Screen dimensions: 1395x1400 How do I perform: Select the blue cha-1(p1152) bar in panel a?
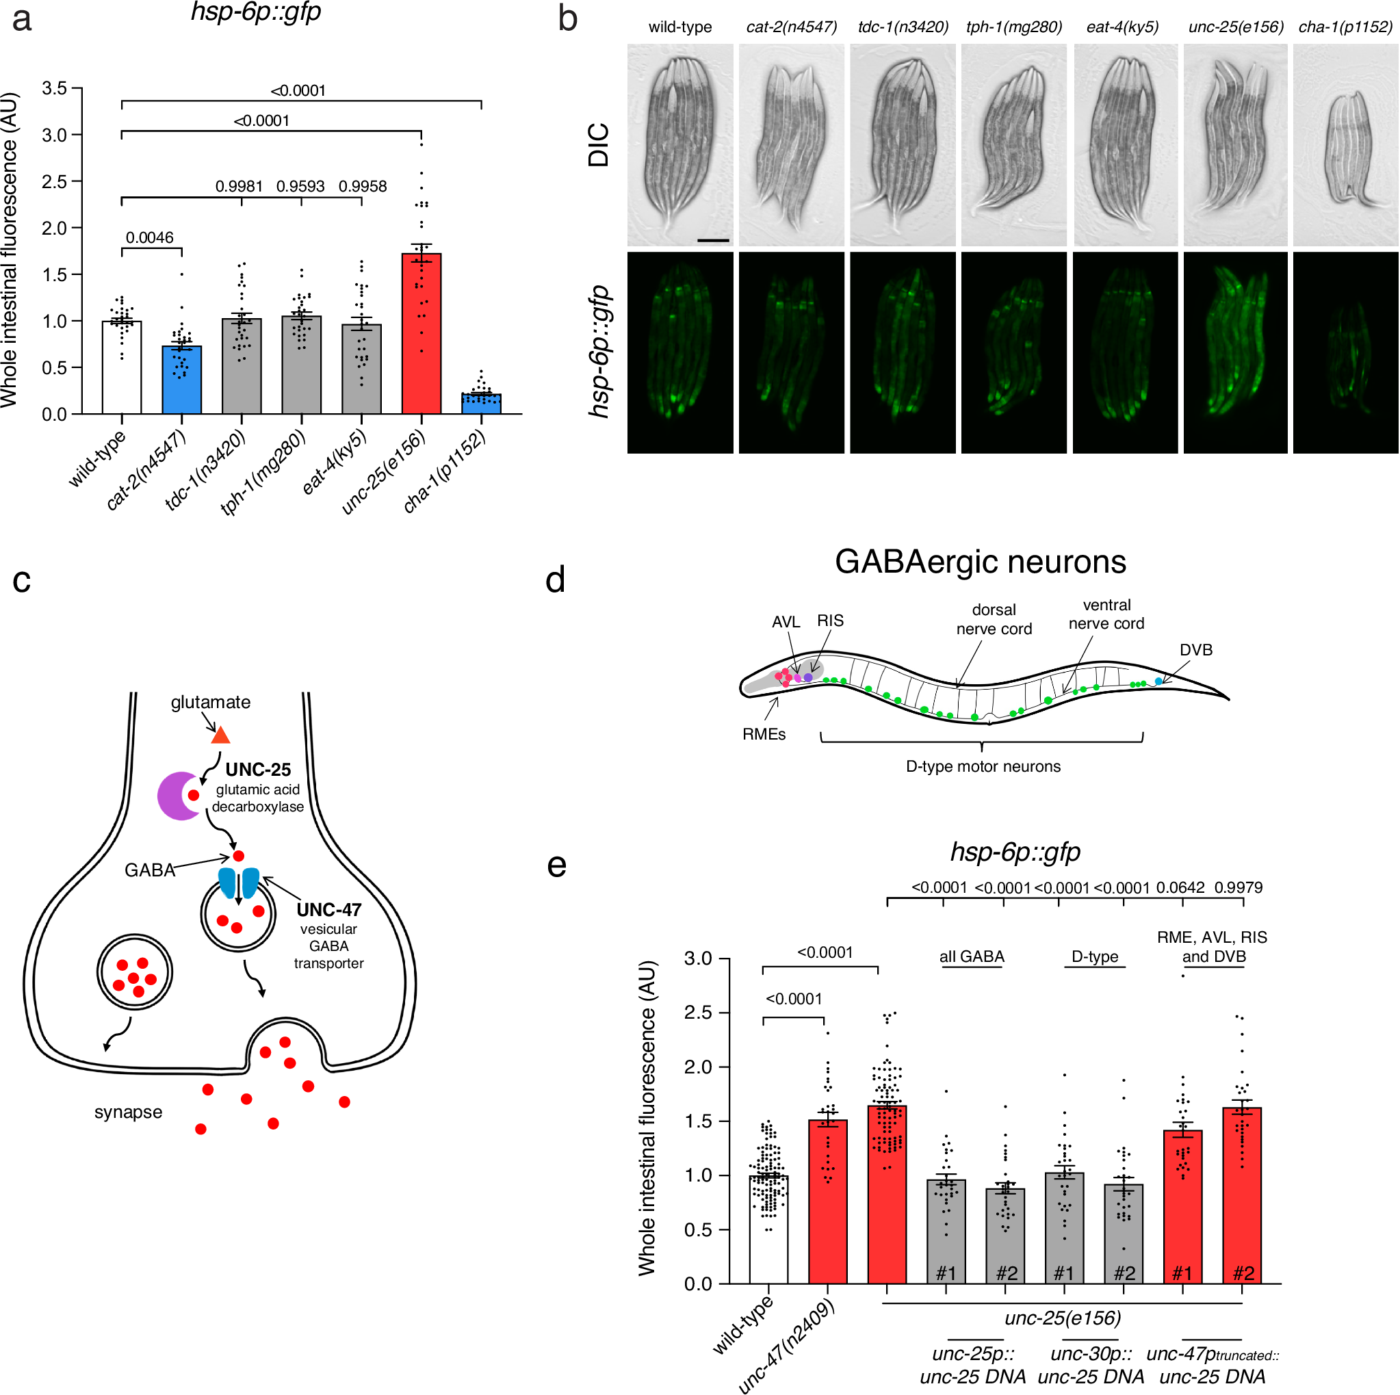[481, 404]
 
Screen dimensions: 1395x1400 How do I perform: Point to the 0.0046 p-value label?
[149, 237]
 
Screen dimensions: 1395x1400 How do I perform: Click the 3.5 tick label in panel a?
[53, 88]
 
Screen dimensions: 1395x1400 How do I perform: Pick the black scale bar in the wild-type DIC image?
[713, 240]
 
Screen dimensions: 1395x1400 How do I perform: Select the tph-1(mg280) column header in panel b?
[1014, 27]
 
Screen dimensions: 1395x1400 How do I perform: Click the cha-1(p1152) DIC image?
[1345, 145]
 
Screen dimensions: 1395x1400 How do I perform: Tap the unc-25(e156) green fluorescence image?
[1235, 353]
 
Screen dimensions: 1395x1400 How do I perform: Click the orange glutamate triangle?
[220, 736]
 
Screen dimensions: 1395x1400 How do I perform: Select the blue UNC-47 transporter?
[238, 883]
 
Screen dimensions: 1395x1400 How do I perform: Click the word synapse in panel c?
[128, 1112]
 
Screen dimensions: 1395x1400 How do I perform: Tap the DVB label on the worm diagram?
[1195, 650]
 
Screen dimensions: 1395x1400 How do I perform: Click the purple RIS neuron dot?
[808, 677]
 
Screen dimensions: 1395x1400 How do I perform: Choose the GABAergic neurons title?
[980, 562]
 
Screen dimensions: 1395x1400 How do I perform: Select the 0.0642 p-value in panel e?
[1180, 888]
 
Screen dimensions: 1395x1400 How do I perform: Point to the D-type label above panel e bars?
[1094, 956]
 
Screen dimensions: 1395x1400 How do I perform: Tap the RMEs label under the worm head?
[764, 734]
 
